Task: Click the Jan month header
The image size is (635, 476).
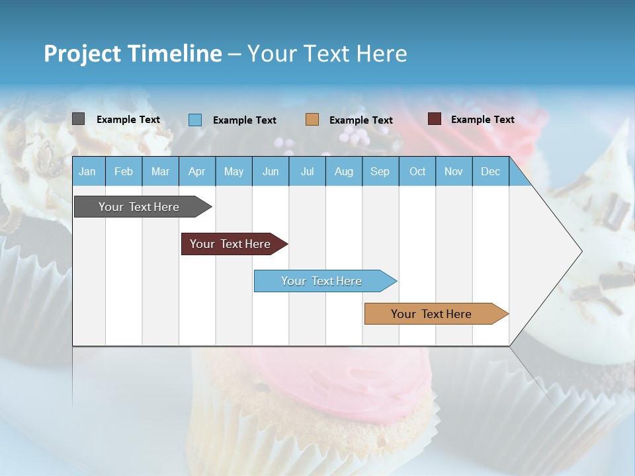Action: pyautogui.click(x=87, y=172)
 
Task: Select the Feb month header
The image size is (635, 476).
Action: pyautogui.click(x=124, y=172)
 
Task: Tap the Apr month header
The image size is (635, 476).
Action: pyautogui.click(x=197, y=172)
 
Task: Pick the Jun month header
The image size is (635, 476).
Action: pyautogui.click(x=271, y=172)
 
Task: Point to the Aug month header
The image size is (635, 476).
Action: pyautogui.click(x=344, y=172)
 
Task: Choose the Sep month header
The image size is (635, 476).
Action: pyautogui.click(x=380, y=172)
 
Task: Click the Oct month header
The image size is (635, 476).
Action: pyautogui.click(x=417, y=172)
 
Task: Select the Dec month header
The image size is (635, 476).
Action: pyautogui.click(x=491, y=172)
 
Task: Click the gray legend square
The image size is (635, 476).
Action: pyautogui.click(x=79, y=119)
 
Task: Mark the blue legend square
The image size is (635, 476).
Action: pyautogui.click(x=195, y=120)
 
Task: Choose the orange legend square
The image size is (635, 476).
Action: pyautogui.click(x=312, y=120)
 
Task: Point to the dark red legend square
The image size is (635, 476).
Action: pyautogui.click(x=435, y=119)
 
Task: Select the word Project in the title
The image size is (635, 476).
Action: pyautogui.click(x=83, y=54)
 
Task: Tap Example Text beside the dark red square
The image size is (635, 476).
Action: pyautogui.click(x=482, y=120)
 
